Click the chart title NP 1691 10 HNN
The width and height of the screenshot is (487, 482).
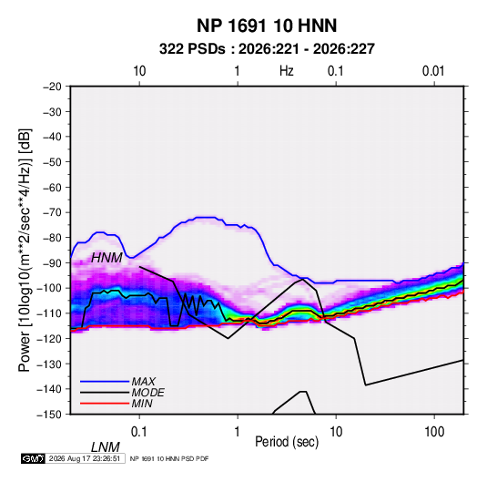coord(267,26)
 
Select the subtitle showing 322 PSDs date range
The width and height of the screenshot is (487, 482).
coord(267,49)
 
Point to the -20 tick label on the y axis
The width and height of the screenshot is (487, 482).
coord(52,87)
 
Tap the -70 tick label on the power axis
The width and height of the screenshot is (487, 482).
coord(52,212)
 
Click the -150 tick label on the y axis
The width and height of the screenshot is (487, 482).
coord(50,415)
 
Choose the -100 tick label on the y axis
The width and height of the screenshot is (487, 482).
coord(50,288)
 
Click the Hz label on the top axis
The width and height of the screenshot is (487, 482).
coord(287,71)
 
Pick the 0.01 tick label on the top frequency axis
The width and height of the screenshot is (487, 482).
coord(433,71)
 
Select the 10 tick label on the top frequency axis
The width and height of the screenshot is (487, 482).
coord(139,71)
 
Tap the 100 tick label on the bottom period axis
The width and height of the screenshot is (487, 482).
coord(434,432)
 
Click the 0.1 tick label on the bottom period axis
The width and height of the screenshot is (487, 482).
coord(139,432)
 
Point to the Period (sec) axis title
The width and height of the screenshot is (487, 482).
coord(287,442)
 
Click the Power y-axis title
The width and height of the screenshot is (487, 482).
coord(25,250)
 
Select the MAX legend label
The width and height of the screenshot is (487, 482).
coord(143,381)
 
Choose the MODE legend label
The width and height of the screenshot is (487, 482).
coord(147,393)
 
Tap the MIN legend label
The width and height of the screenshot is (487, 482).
coord(142,404)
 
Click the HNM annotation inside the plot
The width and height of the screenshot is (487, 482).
coord(107,258)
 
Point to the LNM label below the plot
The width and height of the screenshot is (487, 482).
coord(105,447)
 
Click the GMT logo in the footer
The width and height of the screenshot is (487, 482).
coord(33,458)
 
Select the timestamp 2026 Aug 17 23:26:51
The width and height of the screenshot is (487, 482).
coord(85,458)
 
